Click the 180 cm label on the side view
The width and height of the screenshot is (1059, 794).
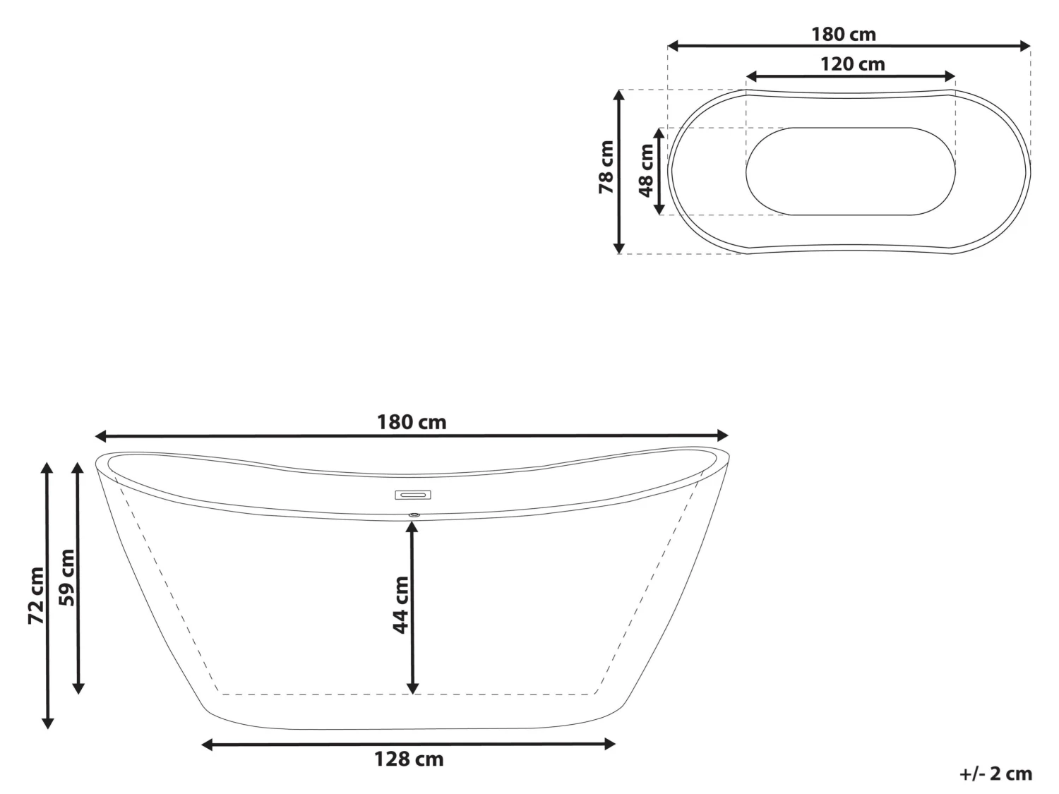click(x=412, y=422)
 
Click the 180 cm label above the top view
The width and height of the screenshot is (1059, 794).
click(x=843, y=34)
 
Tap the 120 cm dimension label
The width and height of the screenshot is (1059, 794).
click(x=852, y=64)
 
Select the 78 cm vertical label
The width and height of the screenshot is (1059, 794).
click(x=606, y=168)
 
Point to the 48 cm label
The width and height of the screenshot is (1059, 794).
click(x=645, y=171)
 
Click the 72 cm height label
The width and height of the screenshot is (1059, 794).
click(x=36, y=596)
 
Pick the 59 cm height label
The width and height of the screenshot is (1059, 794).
click(x=67, y=577)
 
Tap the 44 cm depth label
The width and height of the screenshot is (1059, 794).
click(x=401, y=605)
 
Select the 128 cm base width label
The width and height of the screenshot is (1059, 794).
click(x=409, y=759)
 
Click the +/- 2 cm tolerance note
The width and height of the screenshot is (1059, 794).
click(x=995, y=774)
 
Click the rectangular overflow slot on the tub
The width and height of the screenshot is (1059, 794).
click(x=413, y=495)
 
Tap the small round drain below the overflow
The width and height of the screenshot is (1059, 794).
click(x=414, y=515)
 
